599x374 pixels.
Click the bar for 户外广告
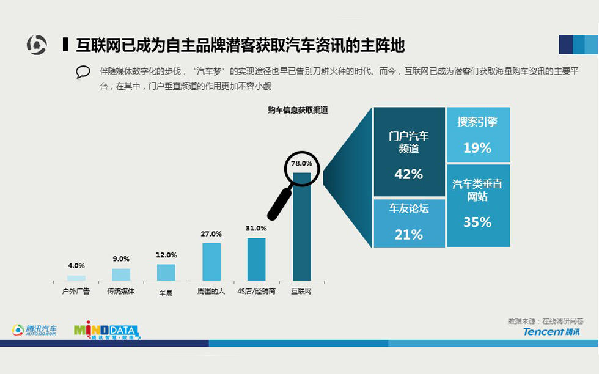76,277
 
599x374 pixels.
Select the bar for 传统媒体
121,274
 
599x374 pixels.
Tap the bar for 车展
166,272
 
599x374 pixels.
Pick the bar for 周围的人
211,262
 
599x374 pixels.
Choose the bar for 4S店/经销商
256,259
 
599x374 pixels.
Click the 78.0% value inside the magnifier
301,164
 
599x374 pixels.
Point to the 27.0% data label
211,234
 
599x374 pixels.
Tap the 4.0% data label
76,266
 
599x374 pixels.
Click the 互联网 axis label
301,291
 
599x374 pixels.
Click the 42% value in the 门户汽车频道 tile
409,174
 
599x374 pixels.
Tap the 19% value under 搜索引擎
477,148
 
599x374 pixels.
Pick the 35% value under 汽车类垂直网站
477,222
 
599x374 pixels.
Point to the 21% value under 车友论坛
409,235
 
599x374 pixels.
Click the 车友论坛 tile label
409,208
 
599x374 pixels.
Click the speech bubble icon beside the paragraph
83,72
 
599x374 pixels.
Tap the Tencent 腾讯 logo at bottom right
551,331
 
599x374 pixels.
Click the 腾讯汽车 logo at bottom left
35,331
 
